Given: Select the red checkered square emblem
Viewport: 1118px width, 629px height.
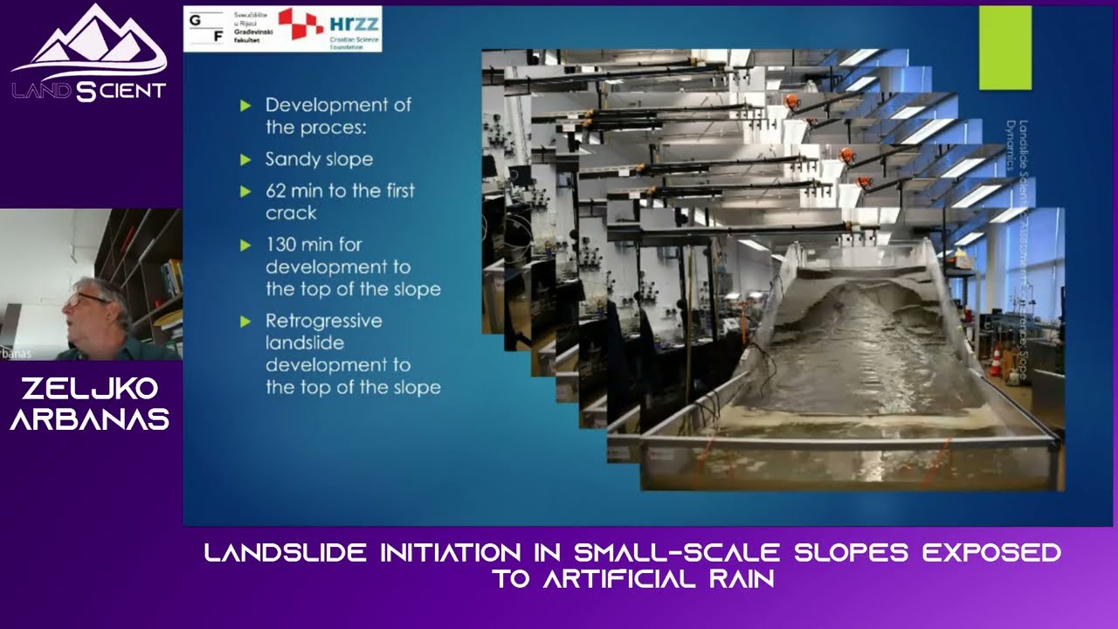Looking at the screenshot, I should coord(300,24).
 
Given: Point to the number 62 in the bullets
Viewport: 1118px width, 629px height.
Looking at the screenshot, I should coord(278,190).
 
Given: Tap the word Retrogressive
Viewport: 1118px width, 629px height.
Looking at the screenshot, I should coord(324,321).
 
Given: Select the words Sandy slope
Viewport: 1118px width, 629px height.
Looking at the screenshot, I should coord(319,159).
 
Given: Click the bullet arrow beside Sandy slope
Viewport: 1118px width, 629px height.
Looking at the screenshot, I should coord(245,160).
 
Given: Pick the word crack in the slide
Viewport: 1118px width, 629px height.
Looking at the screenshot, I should coord(291,213).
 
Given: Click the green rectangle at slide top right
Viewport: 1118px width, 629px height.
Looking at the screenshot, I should coord(1004,48).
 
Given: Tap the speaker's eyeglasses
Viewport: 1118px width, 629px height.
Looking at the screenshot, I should coord(86,299).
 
